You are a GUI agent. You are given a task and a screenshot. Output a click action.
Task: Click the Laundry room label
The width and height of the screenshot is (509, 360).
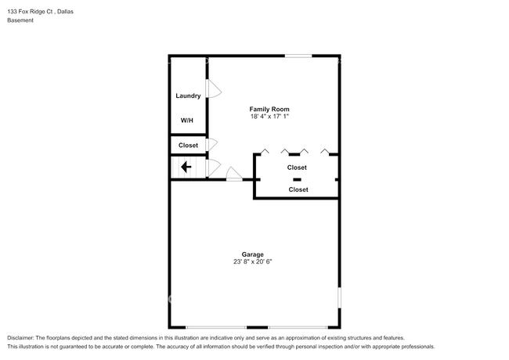(188, 96)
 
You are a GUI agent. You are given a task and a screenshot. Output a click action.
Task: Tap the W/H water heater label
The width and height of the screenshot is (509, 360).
(187, 121)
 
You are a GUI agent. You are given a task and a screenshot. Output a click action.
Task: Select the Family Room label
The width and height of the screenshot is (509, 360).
(269, 109)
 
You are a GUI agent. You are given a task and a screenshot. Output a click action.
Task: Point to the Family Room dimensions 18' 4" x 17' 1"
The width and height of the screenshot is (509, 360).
(269, 117)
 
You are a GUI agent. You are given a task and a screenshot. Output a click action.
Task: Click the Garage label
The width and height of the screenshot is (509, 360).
(252, 254)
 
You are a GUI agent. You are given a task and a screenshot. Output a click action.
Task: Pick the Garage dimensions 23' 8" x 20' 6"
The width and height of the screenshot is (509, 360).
(252, 262)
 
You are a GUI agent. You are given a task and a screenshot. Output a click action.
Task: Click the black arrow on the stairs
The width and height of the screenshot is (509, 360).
(186, 167)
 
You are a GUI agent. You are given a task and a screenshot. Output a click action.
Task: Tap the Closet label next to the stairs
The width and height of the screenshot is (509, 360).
(188, 146)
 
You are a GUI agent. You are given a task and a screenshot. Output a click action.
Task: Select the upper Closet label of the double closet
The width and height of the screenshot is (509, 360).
(297, 167)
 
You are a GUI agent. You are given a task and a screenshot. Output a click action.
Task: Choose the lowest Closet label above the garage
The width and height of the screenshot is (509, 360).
(298, 189)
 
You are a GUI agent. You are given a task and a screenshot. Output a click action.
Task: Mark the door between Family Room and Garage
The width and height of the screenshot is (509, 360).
(233, 175)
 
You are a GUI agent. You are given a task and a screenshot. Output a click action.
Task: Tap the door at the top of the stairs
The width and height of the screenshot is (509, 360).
(211, 167)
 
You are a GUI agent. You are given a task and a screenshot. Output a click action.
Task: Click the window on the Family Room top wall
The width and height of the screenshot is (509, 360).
(298, 56)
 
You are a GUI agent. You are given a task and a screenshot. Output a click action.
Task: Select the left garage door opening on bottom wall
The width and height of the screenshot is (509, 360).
(216, 327)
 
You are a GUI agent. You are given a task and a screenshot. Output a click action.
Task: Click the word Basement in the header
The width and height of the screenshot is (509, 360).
(20, 20)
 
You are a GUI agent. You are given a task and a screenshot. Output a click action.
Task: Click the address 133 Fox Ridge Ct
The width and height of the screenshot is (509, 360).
(32, 10)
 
